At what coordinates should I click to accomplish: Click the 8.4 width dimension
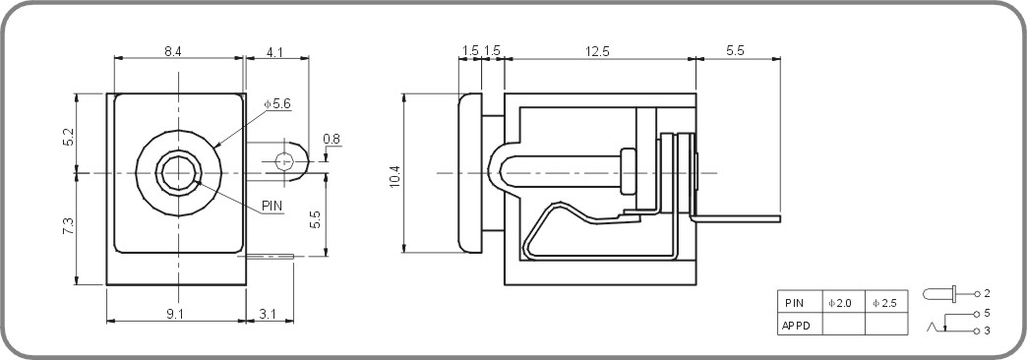click(172, 51)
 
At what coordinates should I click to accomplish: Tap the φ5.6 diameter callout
click(277, 104)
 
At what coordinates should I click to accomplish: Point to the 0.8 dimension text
click(332, 140)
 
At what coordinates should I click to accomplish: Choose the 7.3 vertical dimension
click(67, 227)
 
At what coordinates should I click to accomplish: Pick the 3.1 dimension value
click(268, 313)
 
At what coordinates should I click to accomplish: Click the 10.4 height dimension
click(395, 175)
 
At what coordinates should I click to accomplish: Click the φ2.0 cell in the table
click(842, 304)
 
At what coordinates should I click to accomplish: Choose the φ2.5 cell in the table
click(885, 304)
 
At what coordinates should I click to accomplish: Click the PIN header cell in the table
click(796, 304)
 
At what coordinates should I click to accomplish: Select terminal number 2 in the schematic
click(987, 294)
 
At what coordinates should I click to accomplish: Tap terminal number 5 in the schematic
click(987, 313)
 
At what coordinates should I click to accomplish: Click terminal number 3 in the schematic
click(987, 331)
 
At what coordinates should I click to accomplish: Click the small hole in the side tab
click(285, 161)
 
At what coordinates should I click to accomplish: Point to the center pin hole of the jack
click(178, 172)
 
